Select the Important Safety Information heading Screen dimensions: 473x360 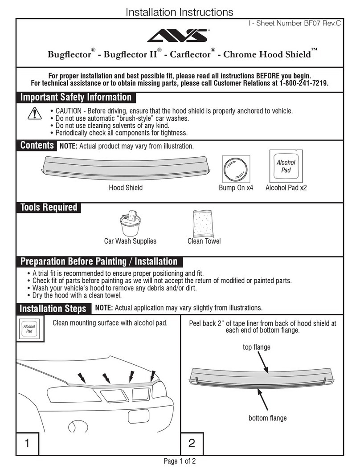pyautogui.click(x=77, y=97)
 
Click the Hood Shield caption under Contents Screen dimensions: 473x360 pyautogui.click(x=126, y=188)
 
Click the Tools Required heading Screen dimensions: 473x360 pyautogui.click(x=49, y=207)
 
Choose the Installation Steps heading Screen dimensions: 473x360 pyautogui.click(x=53, y=308)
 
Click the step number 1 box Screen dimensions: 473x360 pyautogui.click(x=27, y=444)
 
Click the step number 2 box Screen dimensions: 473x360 pyautogui.click(x=192, y=444)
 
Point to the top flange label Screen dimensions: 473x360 pyautogui.click(x=256, y=347)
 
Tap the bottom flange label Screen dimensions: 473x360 pyautogui.click(x=267, y=418)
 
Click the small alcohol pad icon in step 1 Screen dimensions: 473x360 pyautogui.click(x=29, y=330)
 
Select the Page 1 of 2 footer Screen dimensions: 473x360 pyautogui.click(x=180, y=462)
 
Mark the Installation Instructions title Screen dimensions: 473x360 pyautogui.click(x=179, y=12)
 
